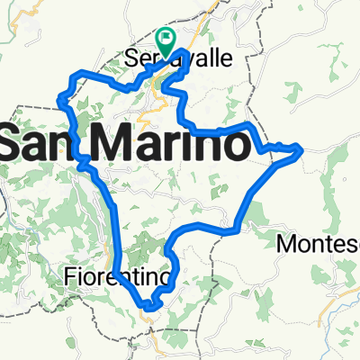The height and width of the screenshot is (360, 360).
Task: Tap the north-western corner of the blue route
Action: [x=60, y=95]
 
